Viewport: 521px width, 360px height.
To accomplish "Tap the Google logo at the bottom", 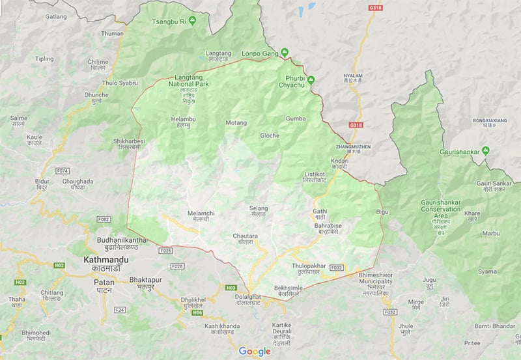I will (x=254, y=352).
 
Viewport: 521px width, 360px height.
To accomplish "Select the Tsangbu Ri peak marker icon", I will (x=192, y=21).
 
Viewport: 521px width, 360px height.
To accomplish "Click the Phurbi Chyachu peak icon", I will (x=311, y=80).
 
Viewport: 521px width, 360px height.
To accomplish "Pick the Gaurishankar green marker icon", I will (x=494, y=151).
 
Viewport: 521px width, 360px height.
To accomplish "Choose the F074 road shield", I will (x=63, y=171).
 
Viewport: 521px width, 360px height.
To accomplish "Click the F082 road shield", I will (x=102, y=220).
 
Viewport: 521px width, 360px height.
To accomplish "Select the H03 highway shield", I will (x=231, y=287).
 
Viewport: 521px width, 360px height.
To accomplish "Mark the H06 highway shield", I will (x=197, y=313).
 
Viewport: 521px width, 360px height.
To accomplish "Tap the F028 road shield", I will (x=176, y=266).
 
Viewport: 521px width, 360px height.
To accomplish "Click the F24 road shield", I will (x=119, y=310).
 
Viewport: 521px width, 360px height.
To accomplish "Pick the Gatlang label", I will (x=56, y=16).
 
